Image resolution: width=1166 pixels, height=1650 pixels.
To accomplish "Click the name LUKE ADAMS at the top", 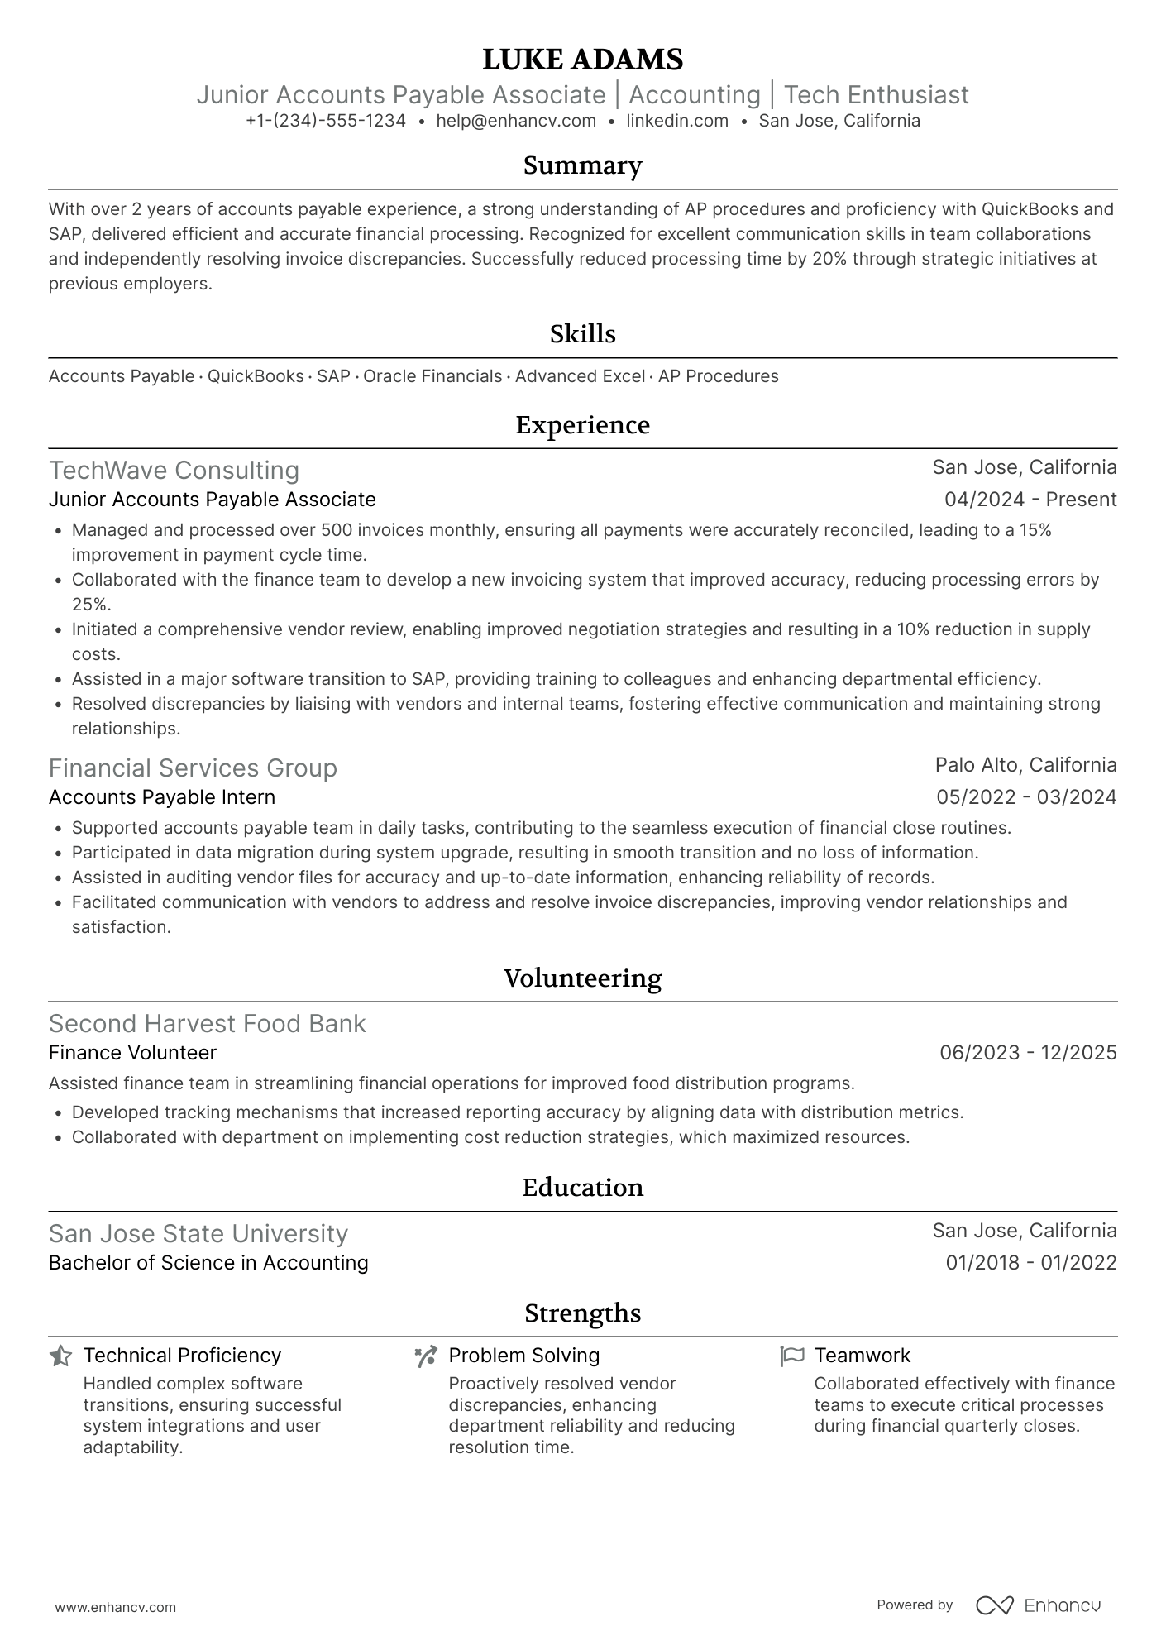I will (582, 60).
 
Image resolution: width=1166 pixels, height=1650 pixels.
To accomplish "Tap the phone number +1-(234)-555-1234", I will (326, 121).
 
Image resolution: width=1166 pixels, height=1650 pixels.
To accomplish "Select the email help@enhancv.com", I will (516, 121).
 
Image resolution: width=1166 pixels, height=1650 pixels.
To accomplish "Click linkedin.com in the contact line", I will (677, 121).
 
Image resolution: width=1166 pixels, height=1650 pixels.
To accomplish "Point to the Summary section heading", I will (582, 165).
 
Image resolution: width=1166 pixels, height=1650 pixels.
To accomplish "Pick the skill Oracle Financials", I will (432, 376).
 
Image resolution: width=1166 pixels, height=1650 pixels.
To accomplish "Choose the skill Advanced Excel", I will (580, 376).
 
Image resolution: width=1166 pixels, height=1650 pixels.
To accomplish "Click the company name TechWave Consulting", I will (174, 470).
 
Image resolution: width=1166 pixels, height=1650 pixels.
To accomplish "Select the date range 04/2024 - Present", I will (1030, 500).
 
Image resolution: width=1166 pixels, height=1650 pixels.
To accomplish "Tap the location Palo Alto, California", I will (1025, 765).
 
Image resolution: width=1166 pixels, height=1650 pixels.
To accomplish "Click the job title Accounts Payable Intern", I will (162, 797).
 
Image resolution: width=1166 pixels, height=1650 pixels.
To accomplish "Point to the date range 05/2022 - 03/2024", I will (1026, 797).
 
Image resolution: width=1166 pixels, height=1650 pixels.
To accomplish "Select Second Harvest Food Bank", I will (207, 1024).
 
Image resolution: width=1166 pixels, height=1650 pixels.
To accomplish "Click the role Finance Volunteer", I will (132, 1053).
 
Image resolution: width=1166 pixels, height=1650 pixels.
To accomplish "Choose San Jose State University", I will (198, 1234).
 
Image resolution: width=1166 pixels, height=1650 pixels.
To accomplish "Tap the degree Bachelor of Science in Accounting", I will (208, 1263).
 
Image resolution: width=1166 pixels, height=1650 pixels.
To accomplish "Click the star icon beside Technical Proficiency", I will (60, 1356).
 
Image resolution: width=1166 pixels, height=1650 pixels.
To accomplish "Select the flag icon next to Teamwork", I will (791, 1356).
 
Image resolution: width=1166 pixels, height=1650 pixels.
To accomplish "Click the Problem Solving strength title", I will (523, 1356).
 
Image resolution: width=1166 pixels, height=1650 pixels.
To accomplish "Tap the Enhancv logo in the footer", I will (1039, 1605).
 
